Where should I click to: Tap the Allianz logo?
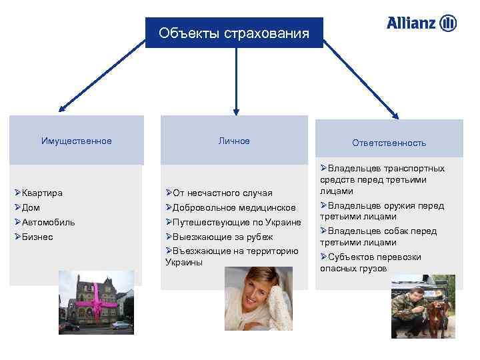coord(421,23)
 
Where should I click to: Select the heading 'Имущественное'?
coord(77,141)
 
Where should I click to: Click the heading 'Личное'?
coord(234,141)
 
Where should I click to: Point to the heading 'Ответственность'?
coord(389,143)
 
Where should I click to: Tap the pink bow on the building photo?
coord(97,303)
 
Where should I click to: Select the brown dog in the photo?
coord(437,316)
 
